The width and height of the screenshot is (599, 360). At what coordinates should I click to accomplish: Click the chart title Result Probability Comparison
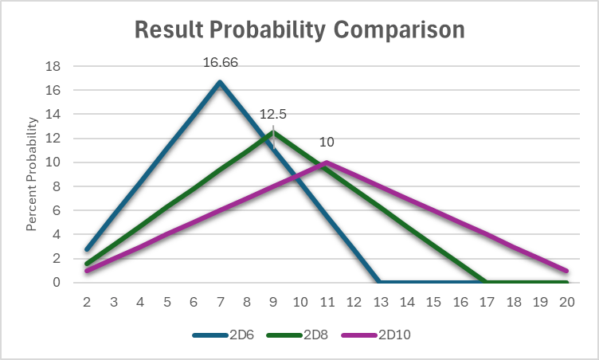(299, 30)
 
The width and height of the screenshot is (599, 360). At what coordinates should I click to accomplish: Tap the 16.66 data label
(221, 61)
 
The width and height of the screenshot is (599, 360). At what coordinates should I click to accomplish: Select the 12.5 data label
(273, 114)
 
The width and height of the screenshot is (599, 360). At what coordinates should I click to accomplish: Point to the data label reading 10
(327, 143)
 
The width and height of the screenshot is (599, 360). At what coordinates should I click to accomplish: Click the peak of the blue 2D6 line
(220, 82)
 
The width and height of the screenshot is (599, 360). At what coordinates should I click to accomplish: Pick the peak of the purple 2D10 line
(327, 162)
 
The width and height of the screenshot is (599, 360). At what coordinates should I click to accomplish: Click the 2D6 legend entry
(225, 335)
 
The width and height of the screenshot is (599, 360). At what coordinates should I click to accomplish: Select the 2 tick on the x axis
(87, 303)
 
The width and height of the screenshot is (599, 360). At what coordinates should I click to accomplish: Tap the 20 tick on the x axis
(566, 303)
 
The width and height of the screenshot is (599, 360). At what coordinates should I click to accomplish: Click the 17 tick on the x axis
(487, 303)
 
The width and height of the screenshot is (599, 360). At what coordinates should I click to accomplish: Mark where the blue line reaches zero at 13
(380, 282)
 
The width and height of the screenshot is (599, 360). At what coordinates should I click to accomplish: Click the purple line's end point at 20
(566, 270)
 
